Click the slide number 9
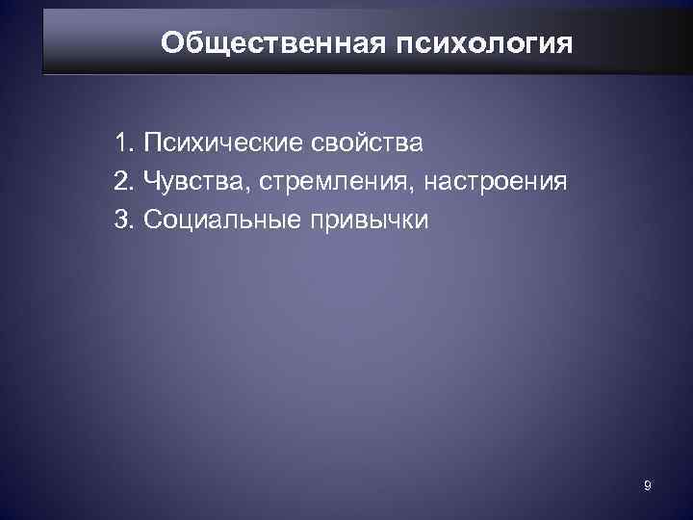click(648, 487)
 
